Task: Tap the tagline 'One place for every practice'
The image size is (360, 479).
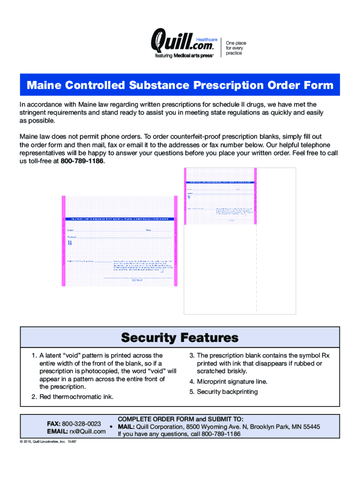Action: click(x=236, y=48)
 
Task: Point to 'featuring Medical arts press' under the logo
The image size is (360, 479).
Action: click(x=184, y=55)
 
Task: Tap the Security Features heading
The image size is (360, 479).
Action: click(x=180, y=337)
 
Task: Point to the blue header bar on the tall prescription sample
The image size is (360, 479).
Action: click(x=220, y=181)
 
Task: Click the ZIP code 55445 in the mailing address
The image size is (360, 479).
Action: click(x=311, y=427)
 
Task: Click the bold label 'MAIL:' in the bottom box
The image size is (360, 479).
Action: click(x=126, y=427)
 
